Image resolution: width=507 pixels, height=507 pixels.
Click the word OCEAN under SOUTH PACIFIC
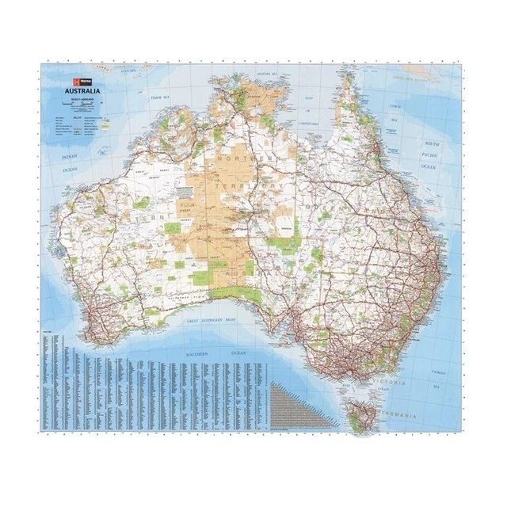(429, 168)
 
